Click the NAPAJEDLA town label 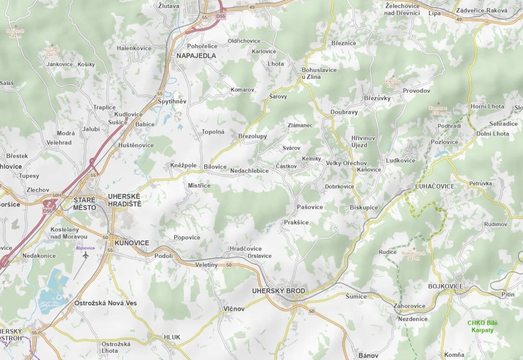(196, 56)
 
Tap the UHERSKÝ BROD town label (279, 291)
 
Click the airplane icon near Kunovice (86, 255)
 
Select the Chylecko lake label (50, 304)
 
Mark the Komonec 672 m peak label (438, 110)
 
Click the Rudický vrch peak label (413, 256)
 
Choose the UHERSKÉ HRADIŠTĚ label (125, 200)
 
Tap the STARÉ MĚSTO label (85, 203)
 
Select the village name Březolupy (252, 136)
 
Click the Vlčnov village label (234, 309)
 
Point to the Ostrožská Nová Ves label (105, 303)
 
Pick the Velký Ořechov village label (346, 163)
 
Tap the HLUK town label (172, 337)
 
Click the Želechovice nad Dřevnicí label (403, 9)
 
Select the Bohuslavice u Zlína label (319, 73)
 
